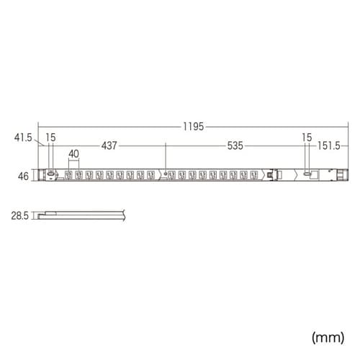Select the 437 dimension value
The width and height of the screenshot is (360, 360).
tap(109, 145)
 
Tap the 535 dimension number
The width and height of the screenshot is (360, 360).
tap(235, 145)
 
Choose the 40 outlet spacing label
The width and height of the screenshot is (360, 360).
tap(73, 153)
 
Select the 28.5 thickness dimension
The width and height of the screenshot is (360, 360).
tap(21, 214)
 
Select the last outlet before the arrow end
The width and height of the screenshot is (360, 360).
tap(253, 175)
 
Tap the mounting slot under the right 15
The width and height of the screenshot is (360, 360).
tap(307, 175)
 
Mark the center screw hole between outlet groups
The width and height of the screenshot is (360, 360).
tap(166, 175)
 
